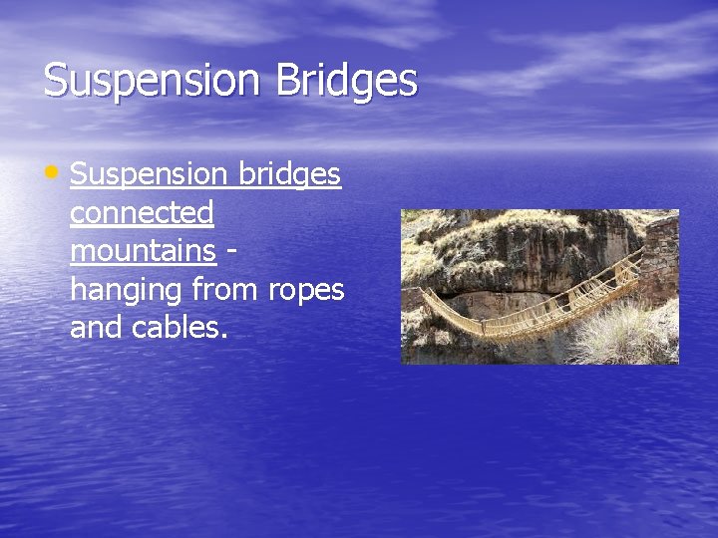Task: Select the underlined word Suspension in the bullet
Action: point(150,174)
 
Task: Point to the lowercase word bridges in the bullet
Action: point(289,174)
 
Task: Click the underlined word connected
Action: point(142,212)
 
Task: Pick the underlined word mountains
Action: point(143,250)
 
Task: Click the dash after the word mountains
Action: point(231,250)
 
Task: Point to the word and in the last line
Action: point(96,328)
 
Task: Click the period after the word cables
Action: point(225,336)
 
